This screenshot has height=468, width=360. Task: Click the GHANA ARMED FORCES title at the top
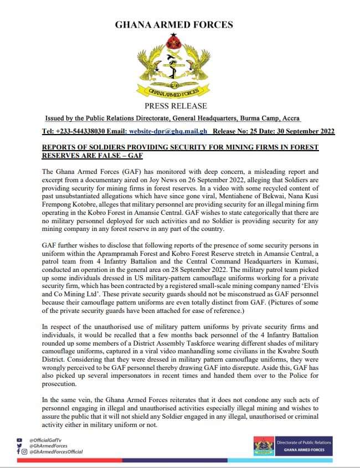click(173, 25)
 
